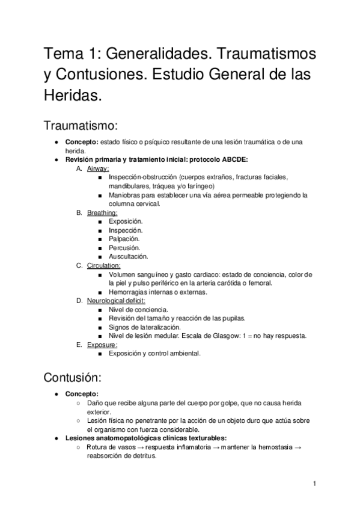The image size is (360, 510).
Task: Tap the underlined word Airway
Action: (x=98, y=169)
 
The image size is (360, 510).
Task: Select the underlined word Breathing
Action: (x=102, y=213)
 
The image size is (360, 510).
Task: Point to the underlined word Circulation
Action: (x=103, y=265)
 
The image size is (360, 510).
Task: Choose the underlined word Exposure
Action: (x=101, y=345)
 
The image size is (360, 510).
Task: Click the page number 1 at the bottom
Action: (x=314, y=484)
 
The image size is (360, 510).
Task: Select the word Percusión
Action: (x=125, y=248)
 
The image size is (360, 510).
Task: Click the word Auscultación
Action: (x=129, y=256)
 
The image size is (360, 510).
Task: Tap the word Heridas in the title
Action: (x=72, y=95)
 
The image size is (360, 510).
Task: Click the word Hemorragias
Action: (x=129, y=292)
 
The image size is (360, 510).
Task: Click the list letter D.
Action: (x=79, y=301)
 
